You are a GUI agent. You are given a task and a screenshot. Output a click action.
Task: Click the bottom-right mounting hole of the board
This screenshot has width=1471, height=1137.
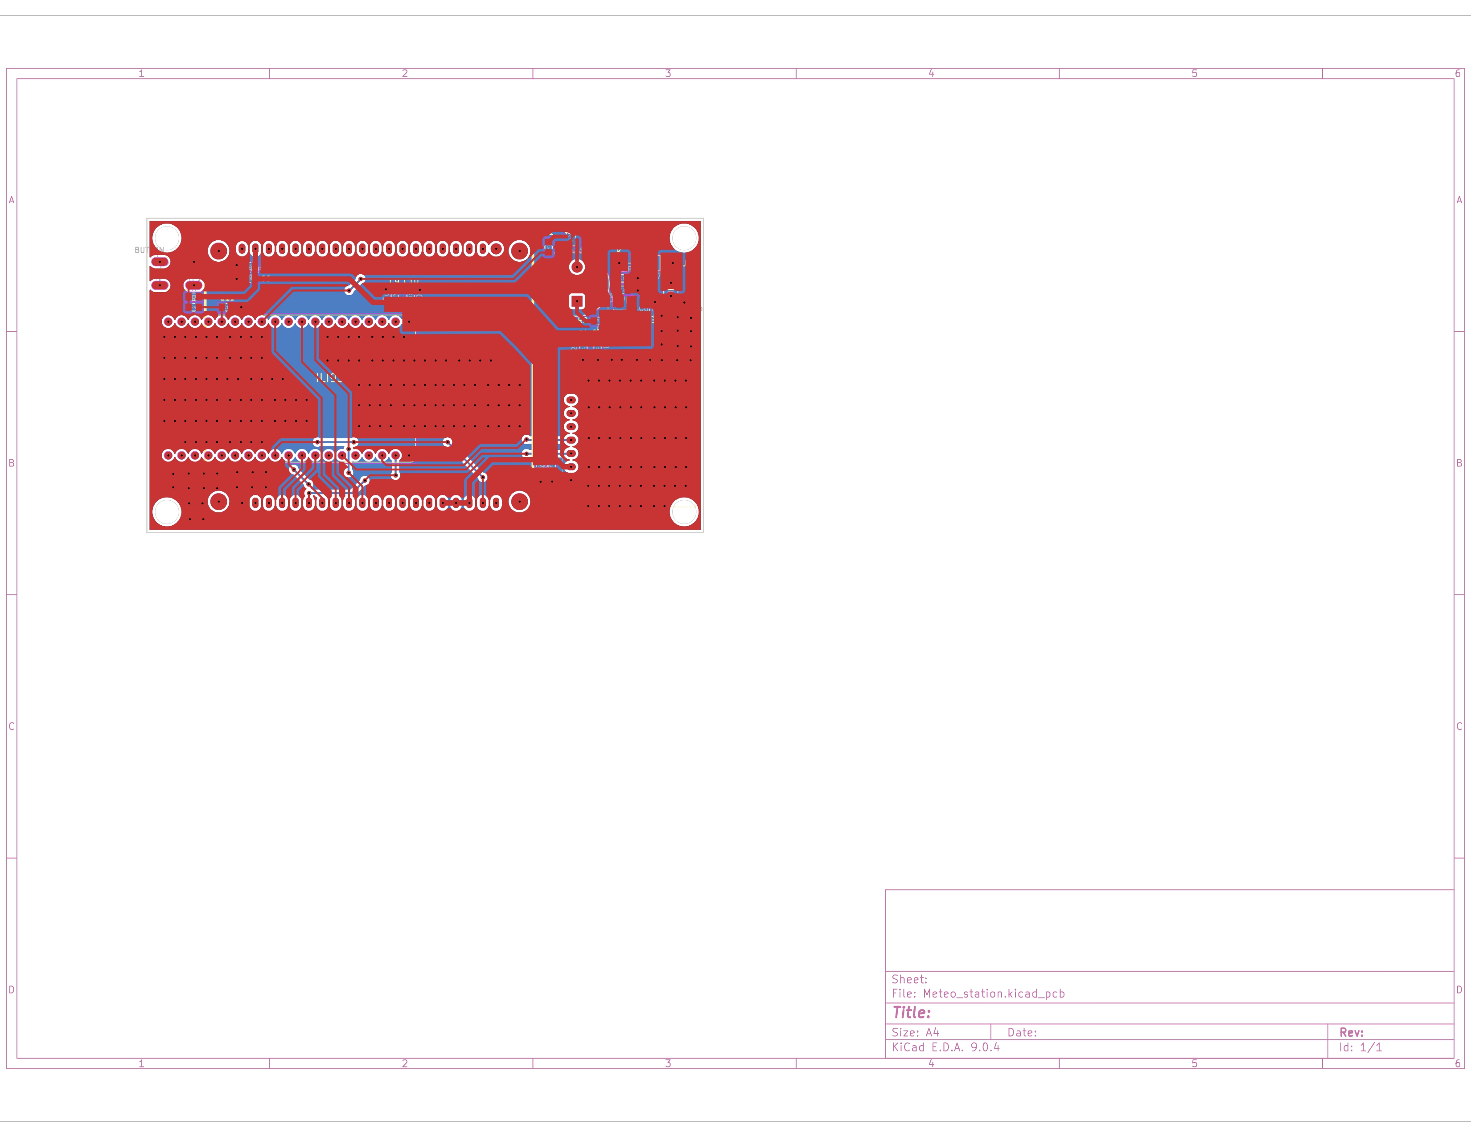(x=684, y=512)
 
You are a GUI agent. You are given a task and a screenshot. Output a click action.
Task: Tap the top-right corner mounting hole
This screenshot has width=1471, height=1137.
(x=684, y=238)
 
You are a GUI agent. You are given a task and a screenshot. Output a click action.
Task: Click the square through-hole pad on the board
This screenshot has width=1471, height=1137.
(x=576, y=301)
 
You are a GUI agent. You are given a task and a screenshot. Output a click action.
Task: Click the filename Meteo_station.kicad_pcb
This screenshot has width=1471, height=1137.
(x=994, y=993)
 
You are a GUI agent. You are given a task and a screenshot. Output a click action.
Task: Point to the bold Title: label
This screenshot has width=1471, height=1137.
(x=911, y=1013)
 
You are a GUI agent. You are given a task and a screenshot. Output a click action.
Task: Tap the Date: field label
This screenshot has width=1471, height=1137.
(x=1022, y=1032)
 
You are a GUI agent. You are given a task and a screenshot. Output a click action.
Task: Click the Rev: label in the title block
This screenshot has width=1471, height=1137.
(x=1351, y=1032)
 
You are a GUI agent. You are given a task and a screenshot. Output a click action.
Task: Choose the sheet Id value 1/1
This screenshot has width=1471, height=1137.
(x=1371, y=1047)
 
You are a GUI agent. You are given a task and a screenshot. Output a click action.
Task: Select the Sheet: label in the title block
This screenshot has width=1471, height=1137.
(x=909, y=979)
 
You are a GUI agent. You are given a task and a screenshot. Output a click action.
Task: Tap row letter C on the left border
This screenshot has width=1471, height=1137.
(x=11, y=726)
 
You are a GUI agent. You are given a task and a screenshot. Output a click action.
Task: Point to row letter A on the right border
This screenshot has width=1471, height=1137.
(x=1459, y=200)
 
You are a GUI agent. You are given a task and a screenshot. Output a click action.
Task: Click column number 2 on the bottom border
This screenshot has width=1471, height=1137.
(x=405, y=1063)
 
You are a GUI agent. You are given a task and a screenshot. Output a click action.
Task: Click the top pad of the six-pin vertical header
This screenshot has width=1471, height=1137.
(x=571, y=400)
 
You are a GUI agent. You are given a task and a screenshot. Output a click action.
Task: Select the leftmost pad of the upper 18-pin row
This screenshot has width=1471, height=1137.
(x=168, y=322)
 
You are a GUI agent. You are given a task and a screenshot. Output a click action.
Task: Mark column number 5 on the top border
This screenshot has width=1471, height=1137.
(x=1194, y=74)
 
